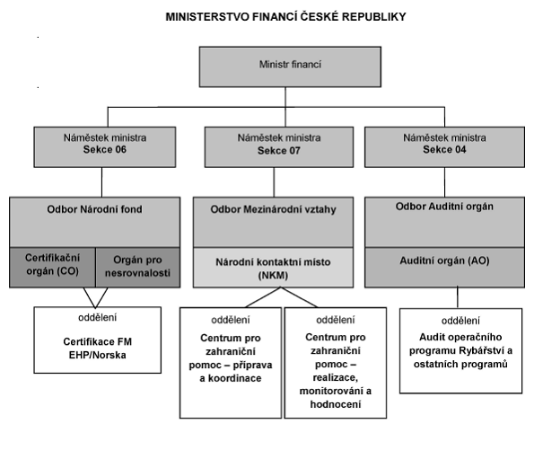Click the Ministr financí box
[290, 66]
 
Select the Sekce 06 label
[105, 150]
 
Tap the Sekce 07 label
[279, 151]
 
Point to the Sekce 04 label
[444, 150]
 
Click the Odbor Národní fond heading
[94, 209]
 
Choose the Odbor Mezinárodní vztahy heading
[273, 209]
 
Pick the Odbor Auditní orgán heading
[444, 207]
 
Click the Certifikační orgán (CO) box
[52, 268]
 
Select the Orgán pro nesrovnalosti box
[137, 268]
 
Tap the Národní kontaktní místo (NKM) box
[273, 268]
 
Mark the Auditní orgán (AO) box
[444, 268]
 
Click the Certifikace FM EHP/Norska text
[98, 349]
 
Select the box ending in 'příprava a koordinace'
[231, 363]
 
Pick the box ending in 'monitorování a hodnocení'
[336, 363]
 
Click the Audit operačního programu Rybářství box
[460, 351]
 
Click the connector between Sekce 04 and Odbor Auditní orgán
[444, 182]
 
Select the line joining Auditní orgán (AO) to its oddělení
[458, 297]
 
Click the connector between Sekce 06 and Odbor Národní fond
[101, 182]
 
